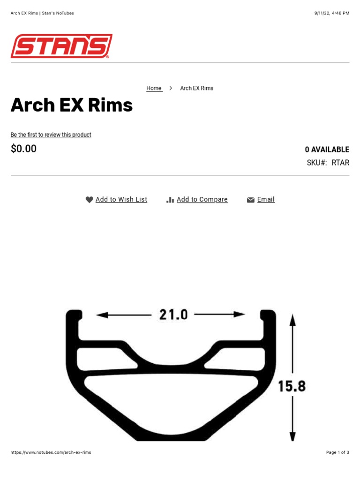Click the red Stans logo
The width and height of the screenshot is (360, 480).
coord(61,46)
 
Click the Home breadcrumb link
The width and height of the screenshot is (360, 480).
coord(154,88)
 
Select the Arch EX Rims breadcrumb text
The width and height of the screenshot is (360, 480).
coord(197,88)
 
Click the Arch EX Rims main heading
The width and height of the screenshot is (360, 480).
coord(72,105)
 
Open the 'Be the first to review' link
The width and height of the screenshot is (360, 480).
coord(51,135)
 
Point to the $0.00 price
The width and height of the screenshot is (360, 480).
coord(23,149)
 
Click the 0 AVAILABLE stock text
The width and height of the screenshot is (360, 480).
coord(327,150)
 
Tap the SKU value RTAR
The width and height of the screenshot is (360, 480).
coord(340,163)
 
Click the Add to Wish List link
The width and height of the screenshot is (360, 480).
coord(121,200)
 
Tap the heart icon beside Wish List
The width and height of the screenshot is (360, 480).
coord(90,200)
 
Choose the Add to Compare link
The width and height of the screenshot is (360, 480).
coord(202,200)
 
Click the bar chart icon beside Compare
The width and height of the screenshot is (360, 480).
coord(170,200)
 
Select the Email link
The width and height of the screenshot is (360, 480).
coord(266,200)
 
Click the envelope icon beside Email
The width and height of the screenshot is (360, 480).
coord(251,200)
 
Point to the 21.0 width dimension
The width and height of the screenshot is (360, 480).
coord(173,315)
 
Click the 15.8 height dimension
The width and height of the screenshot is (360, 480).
coord(292,386)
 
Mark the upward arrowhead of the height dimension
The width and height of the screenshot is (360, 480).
coord(292,320)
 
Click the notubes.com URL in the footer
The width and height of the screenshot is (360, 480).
coord(51,452)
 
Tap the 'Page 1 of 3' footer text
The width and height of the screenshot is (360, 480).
coord(337,452)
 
